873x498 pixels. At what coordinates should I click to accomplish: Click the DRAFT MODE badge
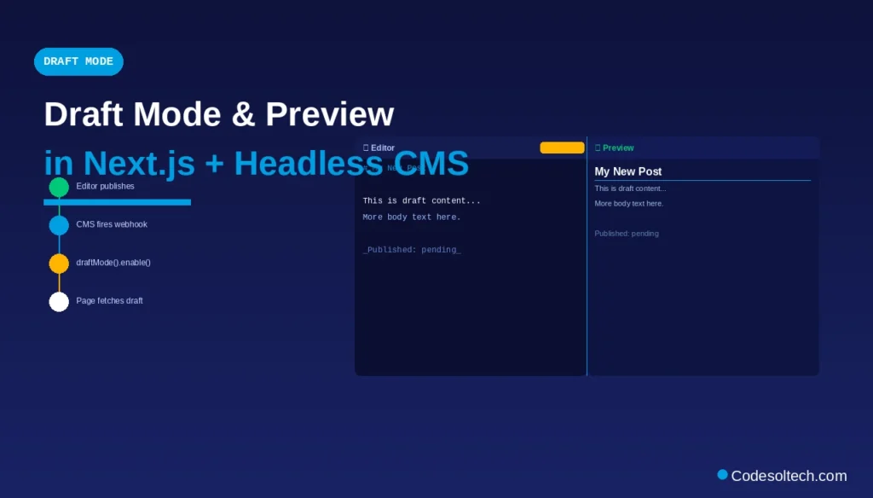click(78, 61)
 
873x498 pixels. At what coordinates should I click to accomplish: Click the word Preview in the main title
click(329, 115)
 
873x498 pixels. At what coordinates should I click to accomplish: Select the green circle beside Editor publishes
click(59, 187)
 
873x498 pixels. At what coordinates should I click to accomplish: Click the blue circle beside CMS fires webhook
click(59, 225)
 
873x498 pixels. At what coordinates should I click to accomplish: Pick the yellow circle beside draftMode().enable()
click(59, 263)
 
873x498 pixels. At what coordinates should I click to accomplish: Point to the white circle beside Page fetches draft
click(59, 302)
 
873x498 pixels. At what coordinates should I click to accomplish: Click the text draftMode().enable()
click(113, 263)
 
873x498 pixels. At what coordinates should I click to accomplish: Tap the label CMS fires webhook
click(112, 224)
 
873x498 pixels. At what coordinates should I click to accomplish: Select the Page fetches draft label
click(109, 301)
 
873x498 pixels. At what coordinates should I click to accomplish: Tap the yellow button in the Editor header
click(562, 148)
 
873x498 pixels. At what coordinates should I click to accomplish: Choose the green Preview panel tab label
click(617, 148)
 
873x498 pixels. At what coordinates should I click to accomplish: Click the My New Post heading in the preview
click(628, 172)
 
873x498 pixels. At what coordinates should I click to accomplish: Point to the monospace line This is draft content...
click(421, 201)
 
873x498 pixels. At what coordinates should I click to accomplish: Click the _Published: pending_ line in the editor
click(412, 250)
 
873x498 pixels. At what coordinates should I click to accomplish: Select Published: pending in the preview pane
click(627, 234)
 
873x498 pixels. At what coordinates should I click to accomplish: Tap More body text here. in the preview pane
click(629, 204)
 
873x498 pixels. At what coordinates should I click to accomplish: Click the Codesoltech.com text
click(789, 476)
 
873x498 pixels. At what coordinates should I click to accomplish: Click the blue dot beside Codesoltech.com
click(723, 474)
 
